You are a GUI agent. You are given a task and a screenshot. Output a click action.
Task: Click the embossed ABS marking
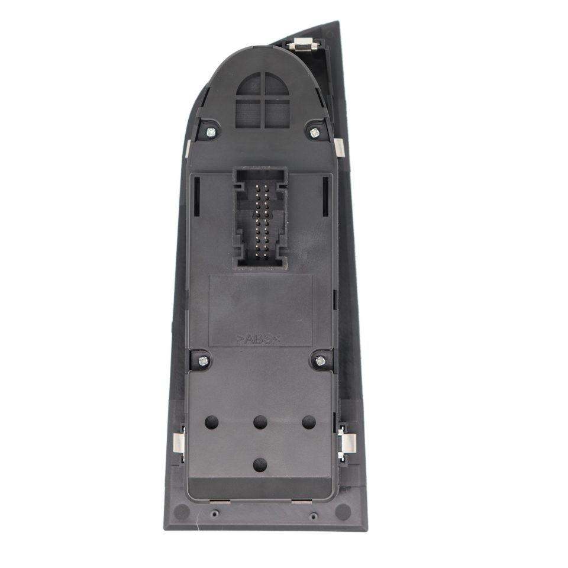pyautogui.click(x=259, y=339)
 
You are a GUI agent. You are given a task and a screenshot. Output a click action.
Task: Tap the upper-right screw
pyautogui.click(x=314, y=133)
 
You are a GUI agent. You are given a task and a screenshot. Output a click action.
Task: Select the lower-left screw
pyautogui.click(x=203, y=360)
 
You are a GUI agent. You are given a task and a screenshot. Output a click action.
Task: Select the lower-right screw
pyautogui.click(x=320, y=360)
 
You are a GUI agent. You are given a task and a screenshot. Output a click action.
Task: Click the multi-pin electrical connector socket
pyautogui.click(x=260, y=217)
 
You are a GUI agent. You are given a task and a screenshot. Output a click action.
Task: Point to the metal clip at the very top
pyautogui.click(x=304, y=44)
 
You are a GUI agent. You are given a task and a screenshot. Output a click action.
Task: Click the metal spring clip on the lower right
pyautogui.click(x=347, y=443)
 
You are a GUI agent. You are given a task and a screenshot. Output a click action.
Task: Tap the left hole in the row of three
pyautogui.click(x=212, y=422)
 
